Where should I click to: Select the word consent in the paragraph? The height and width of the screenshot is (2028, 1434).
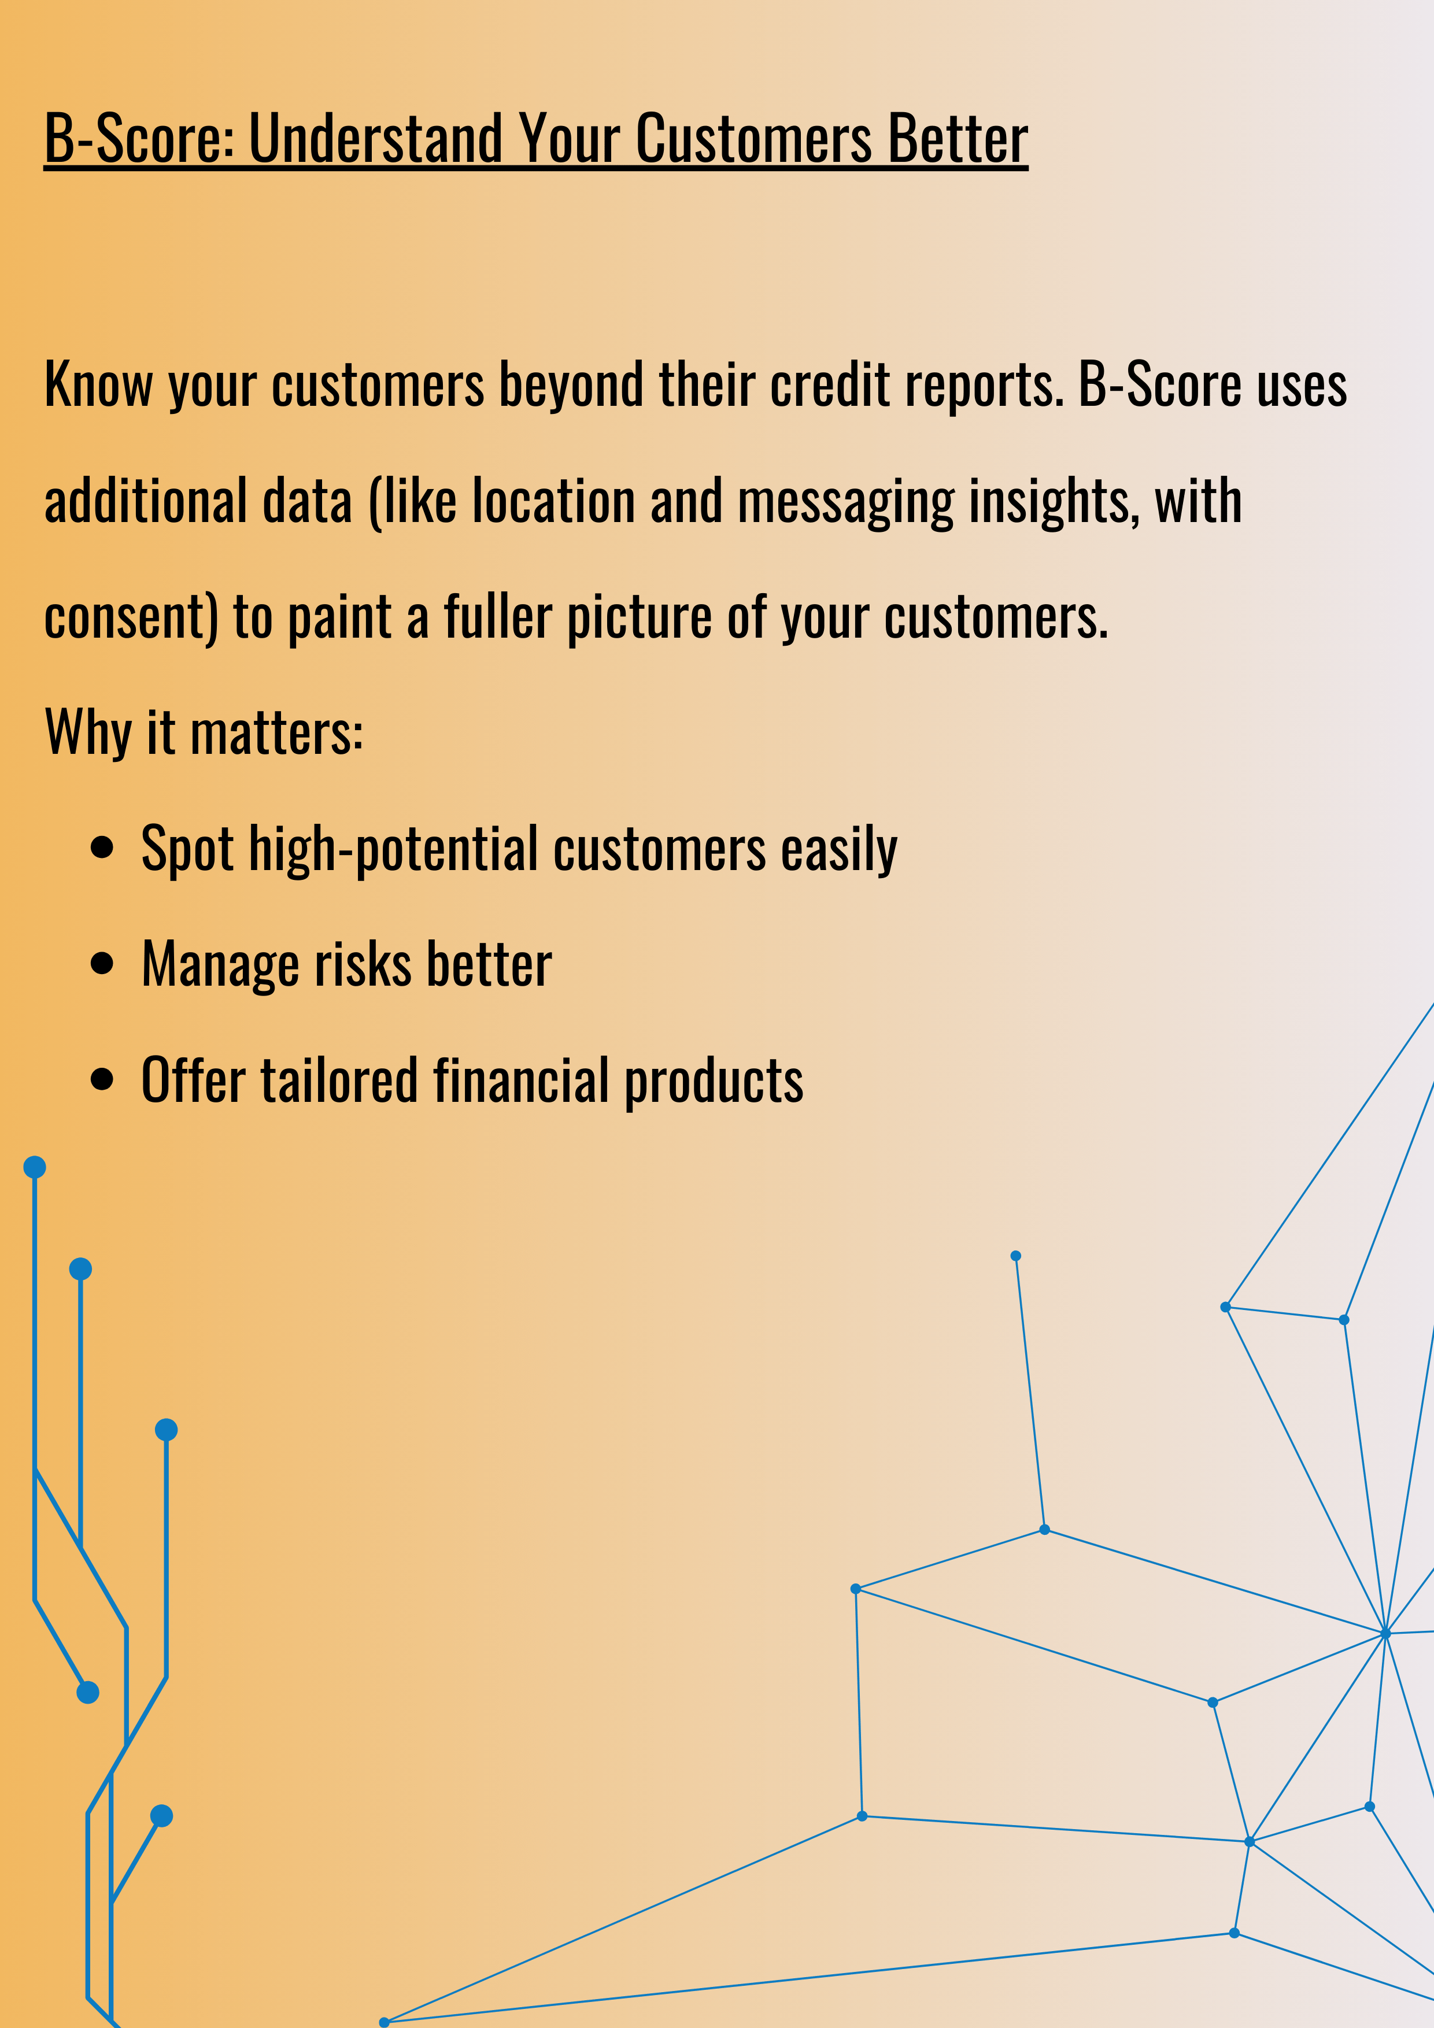(124, 617)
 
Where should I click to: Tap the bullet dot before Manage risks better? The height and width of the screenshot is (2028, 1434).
(102, 964)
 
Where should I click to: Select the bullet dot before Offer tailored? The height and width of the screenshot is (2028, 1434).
(102, 1079)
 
